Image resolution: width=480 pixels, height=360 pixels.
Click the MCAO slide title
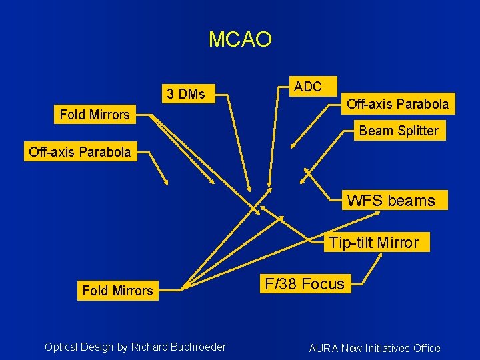coord(240,39)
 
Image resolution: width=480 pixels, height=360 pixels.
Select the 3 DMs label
coord(186,94)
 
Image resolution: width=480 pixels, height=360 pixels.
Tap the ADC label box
coord(308,87)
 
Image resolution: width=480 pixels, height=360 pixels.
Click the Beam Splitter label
coord(399,131)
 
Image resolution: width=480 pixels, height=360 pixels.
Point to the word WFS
coord(366,200)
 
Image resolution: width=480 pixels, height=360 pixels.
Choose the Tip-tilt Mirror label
coord(373,242)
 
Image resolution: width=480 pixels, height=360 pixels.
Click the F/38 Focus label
coord(305,284)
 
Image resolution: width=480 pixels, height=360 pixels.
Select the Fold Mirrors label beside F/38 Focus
coord(117,291)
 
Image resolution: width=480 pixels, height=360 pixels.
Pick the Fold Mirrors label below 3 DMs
coord(95,115)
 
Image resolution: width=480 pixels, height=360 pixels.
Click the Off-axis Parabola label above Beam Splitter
coord(398,104)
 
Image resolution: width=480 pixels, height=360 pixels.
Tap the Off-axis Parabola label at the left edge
coord(80,151)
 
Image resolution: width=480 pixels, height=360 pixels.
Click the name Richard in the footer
coord(150,347)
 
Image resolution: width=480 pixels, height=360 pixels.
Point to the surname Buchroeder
coord(198,347)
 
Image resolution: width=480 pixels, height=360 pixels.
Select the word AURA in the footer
coord(324,348)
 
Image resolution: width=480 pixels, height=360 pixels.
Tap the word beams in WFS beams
coord(411,200)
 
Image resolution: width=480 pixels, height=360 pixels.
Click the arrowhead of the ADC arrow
coord(269,185)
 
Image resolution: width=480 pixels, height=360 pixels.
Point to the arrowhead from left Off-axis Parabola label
coord(167,183)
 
